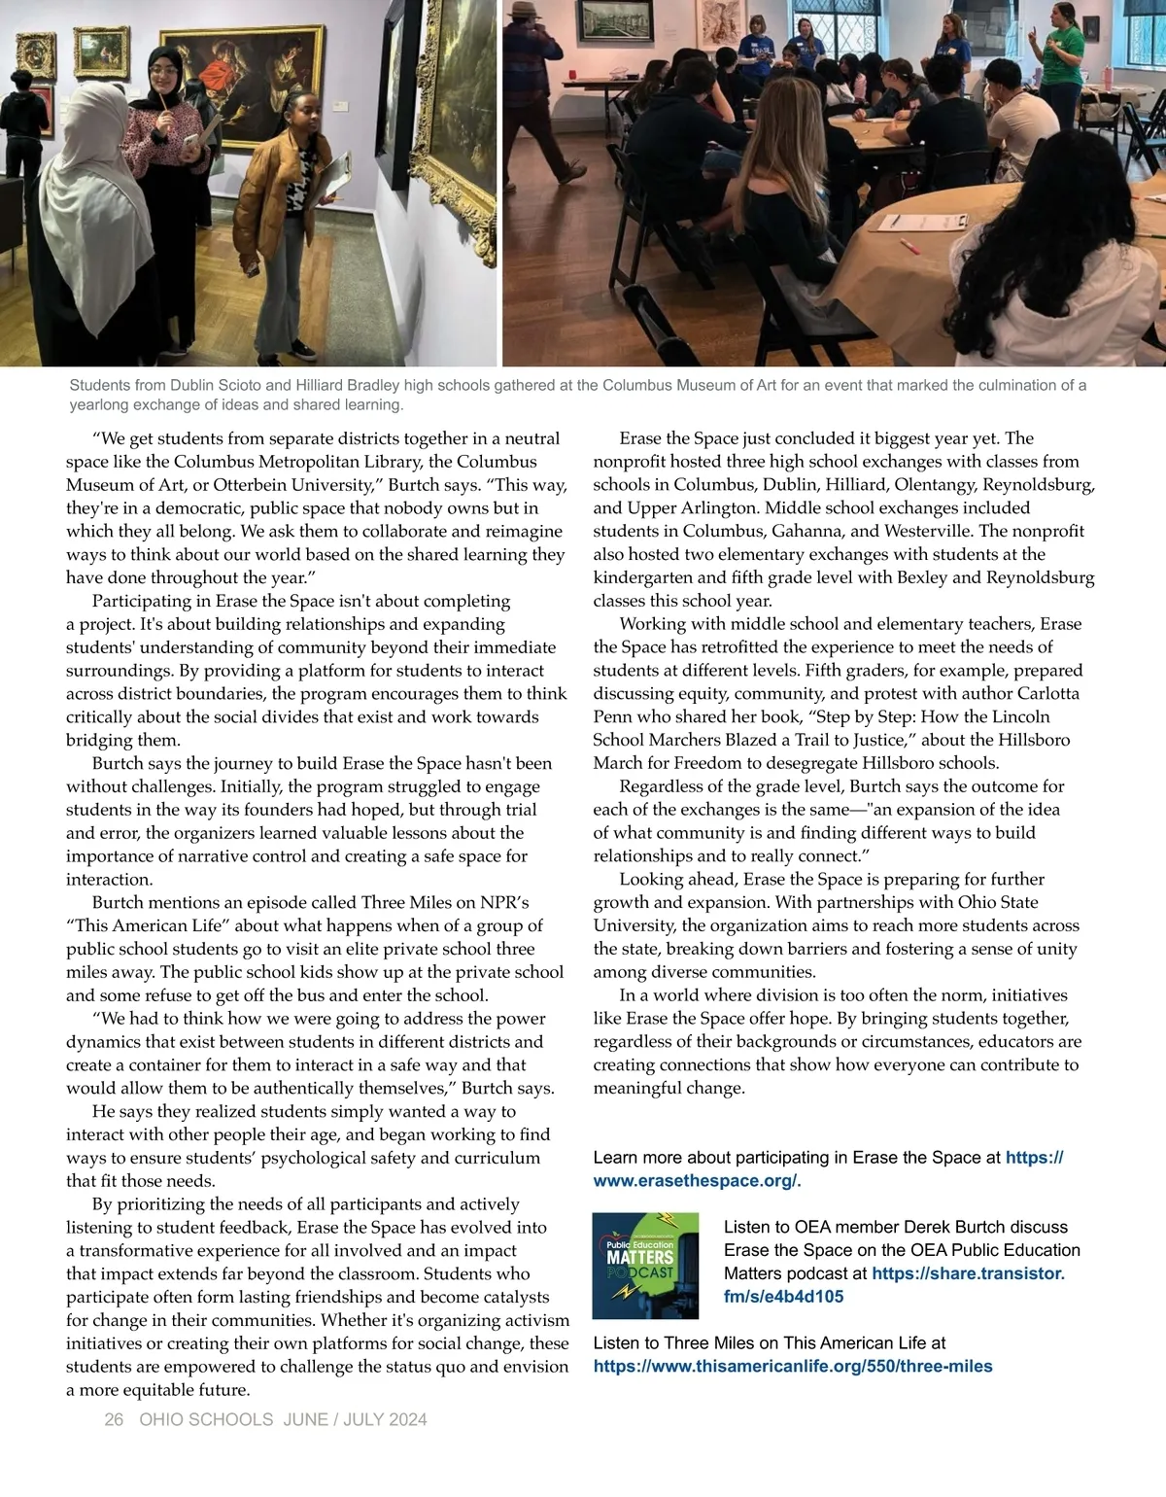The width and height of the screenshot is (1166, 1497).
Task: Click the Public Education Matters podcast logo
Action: [x=645, y=1265]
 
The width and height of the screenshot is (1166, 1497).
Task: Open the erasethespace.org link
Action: [x=696, y=1181]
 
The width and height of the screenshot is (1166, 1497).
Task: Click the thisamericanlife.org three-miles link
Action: [x=793, y=1366]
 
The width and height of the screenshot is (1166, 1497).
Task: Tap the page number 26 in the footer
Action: [x=114, y=1419]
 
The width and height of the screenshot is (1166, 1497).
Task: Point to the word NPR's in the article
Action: [x=504, y=902]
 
